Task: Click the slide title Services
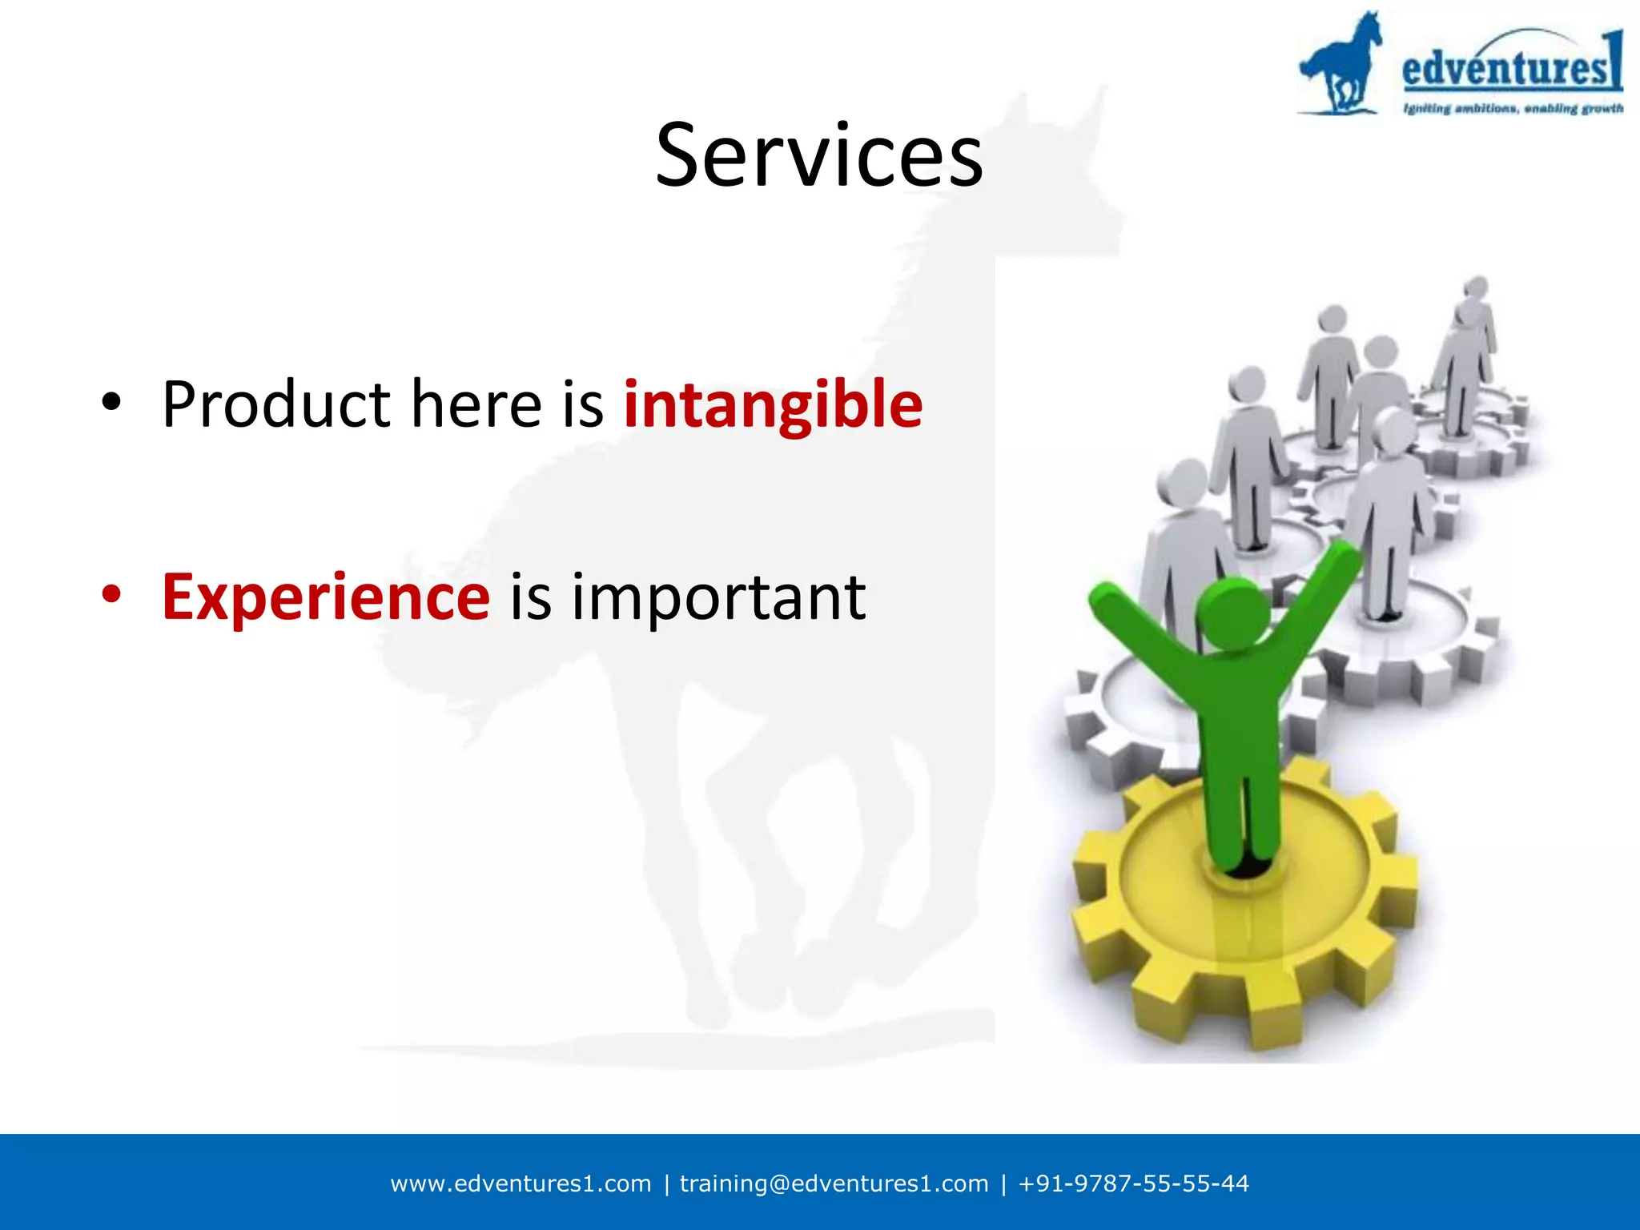[x=818, y=155]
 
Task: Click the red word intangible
[x=773, y=404]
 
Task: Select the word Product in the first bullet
[x=275, y=404]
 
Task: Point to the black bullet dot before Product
[x=111, y=400]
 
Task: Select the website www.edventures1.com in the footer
[x=521, y=1184]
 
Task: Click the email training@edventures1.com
[x=834, y=1184]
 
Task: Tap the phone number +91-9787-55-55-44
[x=1133, y=1184]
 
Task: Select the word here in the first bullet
[x=476, y=404]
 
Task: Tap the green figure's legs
[x=1241, y=809]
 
